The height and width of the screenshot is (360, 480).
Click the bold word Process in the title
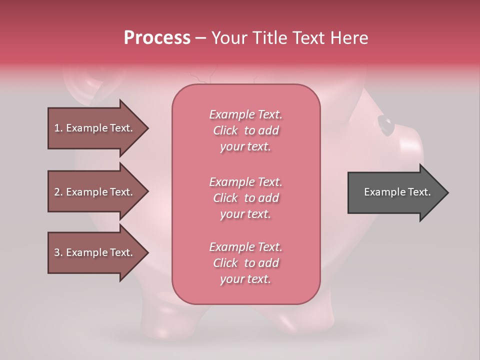(157, 38)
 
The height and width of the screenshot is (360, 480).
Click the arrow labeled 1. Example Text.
(95, 128)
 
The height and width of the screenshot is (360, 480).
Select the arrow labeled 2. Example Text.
(95, 192)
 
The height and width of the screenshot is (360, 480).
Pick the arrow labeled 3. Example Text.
(95, 252)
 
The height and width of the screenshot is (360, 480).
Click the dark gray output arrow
(395, 192)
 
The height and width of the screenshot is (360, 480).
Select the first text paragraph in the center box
(245, 130)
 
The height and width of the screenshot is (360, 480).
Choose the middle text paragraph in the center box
(245, 198)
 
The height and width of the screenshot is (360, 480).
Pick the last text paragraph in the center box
(245, 263)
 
